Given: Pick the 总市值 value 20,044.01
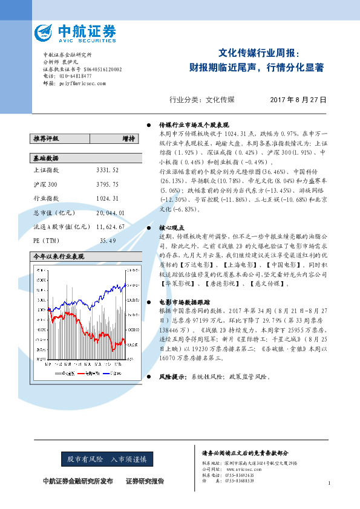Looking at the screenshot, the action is coord(110,213).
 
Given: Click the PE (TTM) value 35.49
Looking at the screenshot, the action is coord(108,241).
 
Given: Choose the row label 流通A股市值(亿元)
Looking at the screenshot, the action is coord(59,226).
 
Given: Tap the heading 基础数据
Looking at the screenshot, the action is coord(46,158).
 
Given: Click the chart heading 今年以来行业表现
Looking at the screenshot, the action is coord(58,257).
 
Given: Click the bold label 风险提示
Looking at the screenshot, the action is coord(171,376).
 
